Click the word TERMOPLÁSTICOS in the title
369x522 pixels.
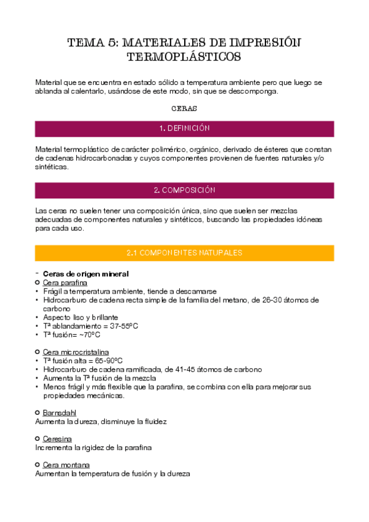[x=184, y=57]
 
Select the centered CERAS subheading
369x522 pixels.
[x=184, y=108]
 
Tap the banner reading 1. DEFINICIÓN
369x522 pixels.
[x=184, y=128]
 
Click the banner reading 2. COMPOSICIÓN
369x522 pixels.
[x=184, y=190]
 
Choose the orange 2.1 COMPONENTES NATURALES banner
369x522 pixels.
[x=184, y=253]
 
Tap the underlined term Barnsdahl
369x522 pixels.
[x=59, y=412]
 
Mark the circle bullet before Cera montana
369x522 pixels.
[x=38, y=465]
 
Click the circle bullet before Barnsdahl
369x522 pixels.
[x=38, y=412]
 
